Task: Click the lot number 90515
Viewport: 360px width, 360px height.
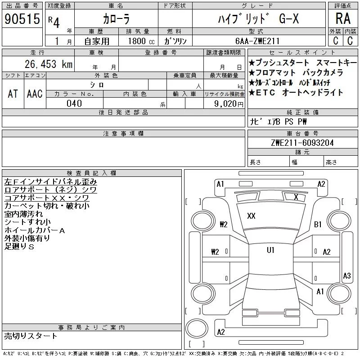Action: click(22, 19)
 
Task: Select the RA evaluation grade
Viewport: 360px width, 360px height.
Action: click(343, 18)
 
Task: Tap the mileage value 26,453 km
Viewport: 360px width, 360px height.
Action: click(49, 64)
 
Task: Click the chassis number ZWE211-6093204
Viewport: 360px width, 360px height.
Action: click(302, 143)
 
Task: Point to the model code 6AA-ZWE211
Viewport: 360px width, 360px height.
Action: click(257, 41)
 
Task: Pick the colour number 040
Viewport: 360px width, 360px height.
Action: click(74, 103)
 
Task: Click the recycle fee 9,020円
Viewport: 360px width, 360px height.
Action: click(229, 104)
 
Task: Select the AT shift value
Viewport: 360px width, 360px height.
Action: click(13, 94)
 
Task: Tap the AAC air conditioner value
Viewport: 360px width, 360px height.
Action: click(35, 94)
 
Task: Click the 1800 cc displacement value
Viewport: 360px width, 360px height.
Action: click(141, 41)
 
